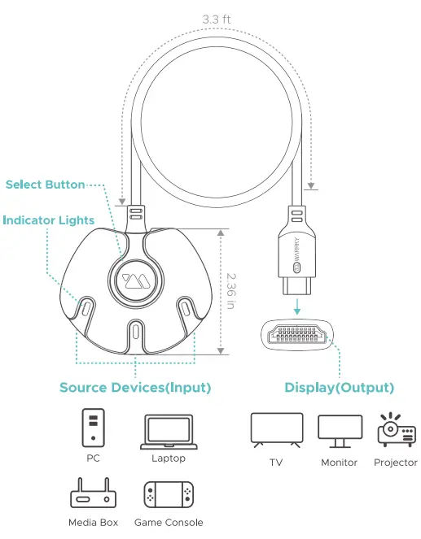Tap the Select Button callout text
coord(45,185)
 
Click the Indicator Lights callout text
coord(48,220)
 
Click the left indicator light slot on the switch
coord(86,308)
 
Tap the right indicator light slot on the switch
coord(186,308)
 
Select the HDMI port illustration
coord(297,335)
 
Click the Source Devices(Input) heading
coord(134,388)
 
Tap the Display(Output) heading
coord(339,388)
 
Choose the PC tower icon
coord(94,427)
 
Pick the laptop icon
coord(168,432)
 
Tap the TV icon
coord(276,431)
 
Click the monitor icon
coord(339,432)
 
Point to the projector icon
coord(396,428)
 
